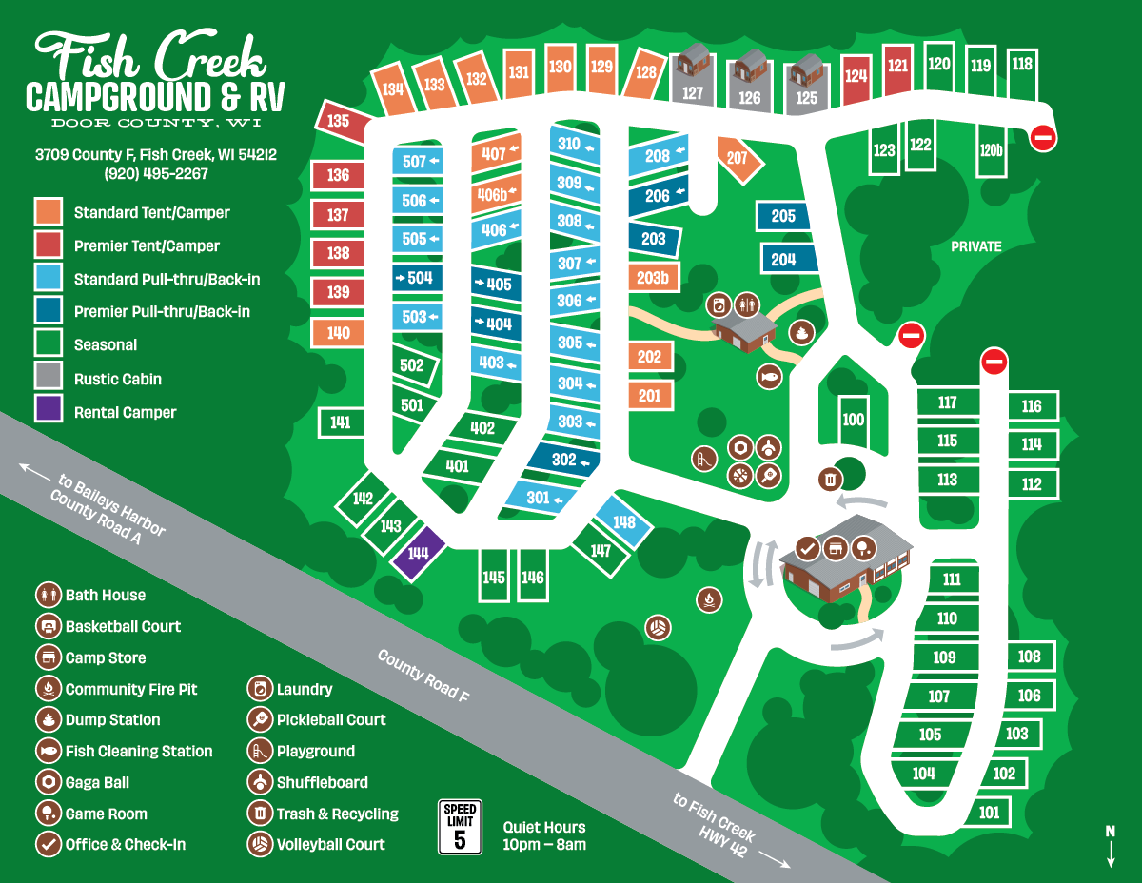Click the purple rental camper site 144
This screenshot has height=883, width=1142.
click(418, 553)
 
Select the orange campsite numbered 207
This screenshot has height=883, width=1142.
click(738, 158)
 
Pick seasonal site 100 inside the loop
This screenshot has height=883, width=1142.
click(853, 420)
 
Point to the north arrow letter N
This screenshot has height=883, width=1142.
click(1110, 831)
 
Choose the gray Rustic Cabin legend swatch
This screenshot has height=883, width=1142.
click(49, 378)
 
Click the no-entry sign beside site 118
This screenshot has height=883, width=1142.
click(1043, 138)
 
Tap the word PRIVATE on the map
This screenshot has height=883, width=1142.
click(976, 246)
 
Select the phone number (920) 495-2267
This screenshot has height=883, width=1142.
click(156, 174)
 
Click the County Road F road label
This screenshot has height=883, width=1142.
click(423, 676)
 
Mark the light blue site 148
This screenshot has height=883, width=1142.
click(624, 522)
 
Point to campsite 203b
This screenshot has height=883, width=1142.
click(653, 278)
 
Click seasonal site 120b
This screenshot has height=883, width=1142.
click(992, 150)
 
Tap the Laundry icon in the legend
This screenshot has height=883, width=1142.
click(259, 689)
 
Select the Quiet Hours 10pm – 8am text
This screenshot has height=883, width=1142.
click(544, 835)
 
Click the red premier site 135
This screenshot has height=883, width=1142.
click(338, 122)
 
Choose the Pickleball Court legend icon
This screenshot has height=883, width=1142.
click(259, 719)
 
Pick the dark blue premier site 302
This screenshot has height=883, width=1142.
click(563, 460)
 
